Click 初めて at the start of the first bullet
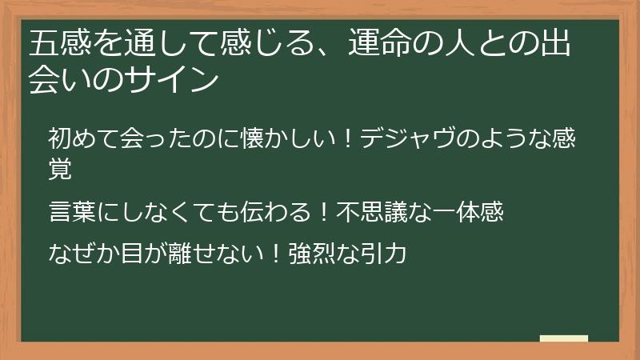pyautogui.click(x=84, y=138)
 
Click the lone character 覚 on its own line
pyautogui.click(x=60, y=169)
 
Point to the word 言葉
pyautogui.click(x=72, y=211)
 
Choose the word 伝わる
pyautogui.click(x=275, y=211)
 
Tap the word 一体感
pyautogui.click(x=468, y=211)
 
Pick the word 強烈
pyautogui.click(x=312, y=253)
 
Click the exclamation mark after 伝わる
pyautogui.click(x=324, y=211)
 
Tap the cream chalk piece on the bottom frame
pyautogui.click(x=564, y=338)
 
